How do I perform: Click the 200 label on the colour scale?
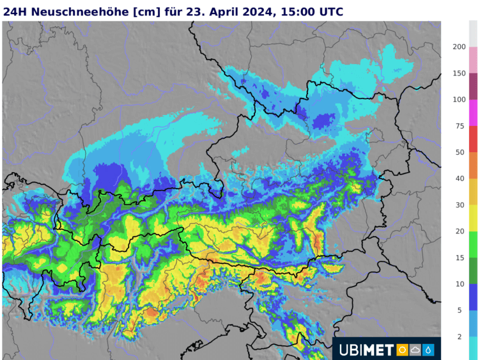(458, 47)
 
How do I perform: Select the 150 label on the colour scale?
(458, 73)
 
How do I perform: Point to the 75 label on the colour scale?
(460, 126)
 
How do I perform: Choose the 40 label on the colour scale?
(460, 178)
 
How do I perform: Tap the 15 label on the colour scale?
(460, 257)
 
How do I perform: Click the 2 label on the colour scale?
(460, 336)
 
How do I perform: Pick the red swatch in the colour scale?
(473, 139)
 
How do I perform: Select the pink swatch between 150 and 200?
(473, 59)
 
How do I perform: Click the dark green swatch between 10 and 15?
(473, 270)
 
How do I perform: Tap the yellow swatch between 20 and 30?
(473, 218)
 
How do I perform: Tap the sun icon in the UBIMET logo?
(402, 349)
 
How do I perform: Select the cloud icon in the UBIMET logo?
(415, 349)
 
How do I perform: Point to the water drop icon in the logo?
(428, 349)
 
